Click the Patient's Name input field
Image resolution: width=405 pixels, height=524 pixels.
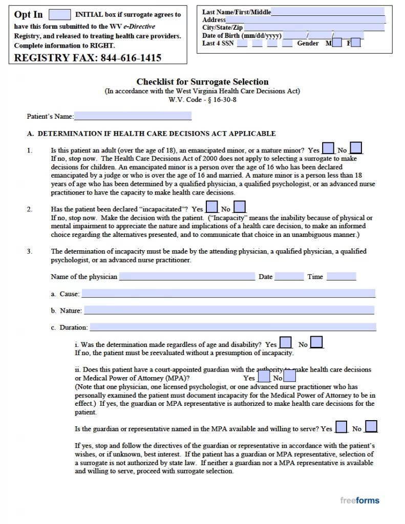(133, 116)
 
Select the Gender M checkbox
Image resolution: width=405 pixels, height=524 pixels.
(337, 43)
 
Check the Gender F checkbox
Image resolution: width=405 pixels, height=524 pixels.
(356, 43)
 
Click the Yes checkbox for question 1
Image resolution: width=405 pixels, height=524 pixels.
(329, 149)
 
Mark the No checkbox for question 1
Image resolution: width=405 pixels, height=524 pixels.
(356, 149)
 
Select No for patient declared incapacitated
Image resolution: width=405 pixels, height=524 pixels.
(240, 208)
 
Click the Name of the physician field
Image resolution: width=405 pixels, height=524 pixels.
(187, 277)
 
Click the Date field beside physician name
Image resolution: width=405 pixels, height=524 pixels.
(289, 277)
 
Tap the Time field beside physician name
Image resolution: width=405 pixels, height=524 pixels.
(341, 277)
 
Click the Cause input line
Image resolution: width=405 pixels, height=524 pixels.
(228, 294)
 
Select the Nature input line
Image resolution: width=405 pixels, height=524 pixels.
(229, 310)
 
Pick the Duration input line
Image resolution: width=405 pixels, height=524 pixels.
(232, 327)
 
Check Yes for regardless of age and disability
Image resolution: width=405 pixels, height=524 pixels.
(286, 343)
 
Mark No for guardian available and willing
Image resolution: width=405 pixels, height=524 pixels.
(372, 427)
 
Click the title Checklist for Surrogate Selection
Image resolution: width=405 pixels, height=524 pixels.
(202, 82)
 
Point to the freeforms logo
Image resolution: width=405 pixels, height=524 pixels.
(359, 500)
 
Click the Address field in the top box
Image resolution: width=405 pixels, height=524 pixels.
(306, 19)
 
